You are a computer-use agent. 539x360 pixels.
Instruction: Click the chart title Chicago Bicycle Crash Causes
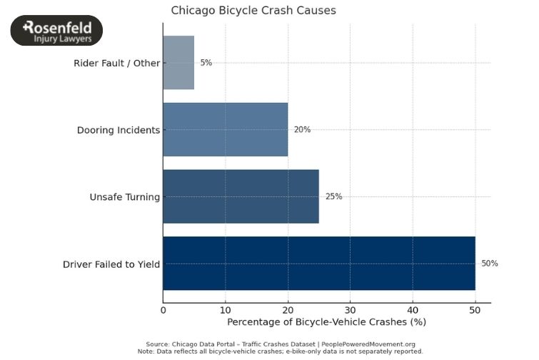pyautogui.click(x=253, y=11)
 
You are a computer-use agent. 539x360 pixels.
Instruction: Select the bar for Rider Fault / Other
pyautogui.click(x=178, y=63)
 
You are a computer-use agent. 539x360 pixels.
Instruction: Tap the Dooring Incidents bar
pyautogui.click(x=226, y=129)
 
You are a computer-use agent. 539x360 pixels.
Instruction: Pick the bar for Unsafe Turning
pyautogui.click(x=241, y=196)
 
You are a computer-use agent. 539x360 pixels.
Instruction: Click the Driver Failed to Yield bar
pyautogui.click(x=318, y=264)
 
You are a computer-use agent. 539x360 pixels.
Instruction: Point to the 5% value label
pyautogui.click(x=206, y=63)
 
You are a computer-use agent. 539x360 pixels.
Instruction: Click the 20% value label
pyautogui.click(x=302, y=130)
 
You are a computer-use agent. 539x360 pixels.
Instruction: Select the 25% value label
pyautogui.click(x=333, y=196)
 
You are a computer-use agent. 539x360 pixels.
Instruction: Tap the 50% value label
pyautogui.click(x=489, y=264)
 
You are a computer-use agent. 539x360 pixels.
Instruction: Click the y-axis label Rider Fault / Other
pyautogui.click(x=116, y=64)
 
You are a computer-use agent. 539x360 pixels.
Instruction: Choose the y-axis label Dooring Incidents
pyautogui.click(x=118, y=130)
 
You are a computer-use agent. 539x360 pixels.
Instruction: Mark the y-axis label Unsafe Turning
pyautogui.click(x=124, y=197)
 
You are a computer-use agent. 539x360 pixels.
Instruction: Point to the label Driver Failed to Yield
pyautogui.click(x=111, y=264)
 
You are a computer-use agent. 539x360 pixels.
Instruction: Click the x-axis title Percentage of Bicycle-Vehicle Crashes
pyautogui.click(x=326, y=322)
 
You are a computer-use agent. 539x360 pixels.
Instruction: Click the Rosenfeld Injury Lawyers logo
pyautogui.click(x=57, y=31)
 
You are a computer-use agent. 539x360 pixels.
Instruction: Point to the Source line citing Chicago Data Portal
pyautogui.click(x=281, y=344)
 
